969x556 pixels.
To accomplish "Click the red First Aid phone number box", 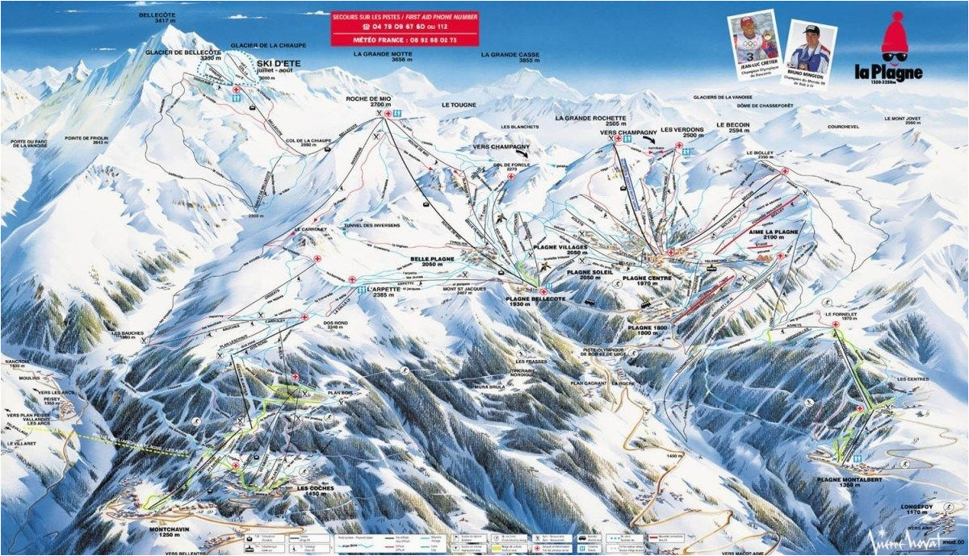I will [x=405, y=28].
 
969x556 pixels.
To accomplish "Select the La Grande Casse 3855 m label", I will [x=510, y=57].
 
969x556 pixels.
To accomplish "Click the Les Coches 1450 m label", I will [x=315, y=491].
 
